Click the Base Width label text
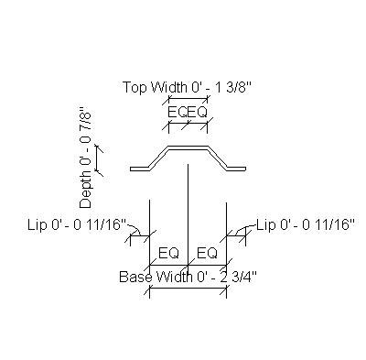[150, 276]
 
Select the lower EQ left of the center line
[168, 253]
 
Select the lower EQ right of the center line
[207, 253]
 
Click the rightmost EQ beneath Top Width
[198, 112]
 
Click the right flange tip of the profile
[244, 168]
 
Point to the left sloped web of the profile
[159, 157]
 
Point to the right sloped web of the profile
[219, 157]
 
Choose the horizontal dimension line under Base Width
[188, 289]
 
